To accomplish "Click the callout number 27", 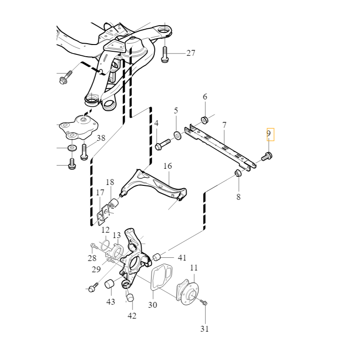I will click(x=191, y=53).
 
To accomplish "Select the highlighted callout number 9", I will click(x=269, y=134).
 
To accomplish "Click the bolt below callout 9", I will click(x=267, y=157).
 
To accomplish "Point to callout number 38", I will click(x=101, y=138).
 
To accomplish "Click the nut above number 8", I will click(x=238, y=174).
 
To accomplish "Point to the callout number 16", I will click(x=167, y=166).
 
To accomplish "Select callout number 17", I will click(x=100, y=193).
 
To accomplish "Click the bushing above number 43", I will click(x=109, y=284).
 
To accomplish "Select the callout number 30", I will click(x=153, y=305).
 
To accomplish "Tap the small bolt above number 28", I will click(x=93, y=246).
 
